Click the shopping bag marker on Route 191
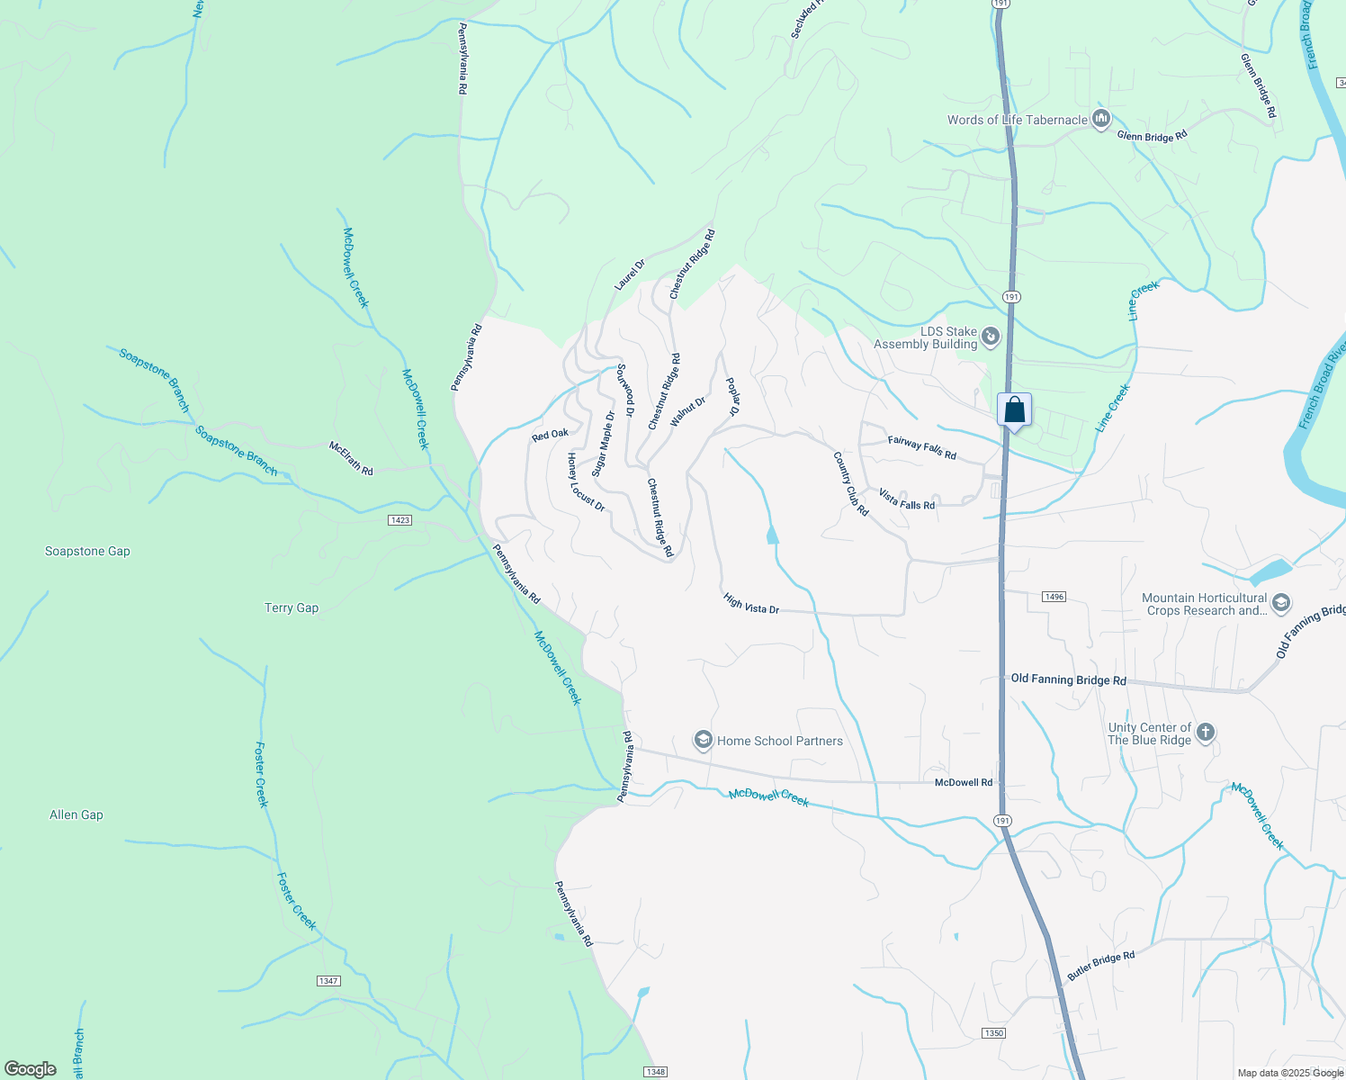point(1014,411)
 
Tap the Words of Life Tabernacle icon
point(1100,119)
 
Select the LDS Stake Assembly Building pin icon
point(990,337)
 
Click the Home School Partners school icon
point(703,741)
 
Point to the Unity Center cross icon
point(1206,733)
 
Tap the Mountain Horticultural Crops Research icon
point(1281,603)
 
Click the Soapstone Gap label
point(87,551)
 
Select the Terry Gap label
point(292,607)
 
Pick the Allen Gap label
point(76,814)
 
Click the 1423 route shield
point(400,520)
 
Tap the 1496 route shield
point(1054,597)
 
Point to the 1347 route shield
point(328,980)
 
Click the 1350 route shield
point(993,1032)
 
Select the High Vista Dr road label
point(751,604)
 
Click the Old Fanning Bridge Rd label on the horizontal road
point(1068,679)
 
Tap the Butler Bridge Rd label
point(1100,966)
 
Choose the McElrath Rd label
point(351,458)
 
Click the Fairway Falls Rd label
point(921,446)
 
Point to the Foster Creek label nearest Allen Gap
point(261,774)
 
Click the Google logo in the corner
point(31,1069)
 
